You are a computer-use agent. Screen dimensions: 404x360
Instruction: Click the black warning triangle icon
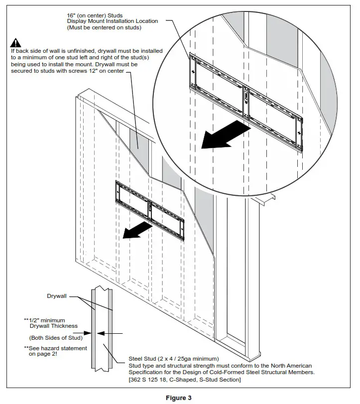pyautogui.click(x=16, y=43)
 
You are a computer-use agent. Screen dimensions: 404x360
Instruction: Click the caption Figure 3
pyautogui.click(x=180, y=397)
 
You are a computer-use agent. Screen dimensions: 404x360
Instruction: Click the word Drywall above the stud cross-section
pyautogui.click(x=57, y=296)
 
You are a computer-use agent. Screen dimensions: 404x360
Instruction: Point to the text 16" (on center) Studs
pyautogui.click(x=95, y=15)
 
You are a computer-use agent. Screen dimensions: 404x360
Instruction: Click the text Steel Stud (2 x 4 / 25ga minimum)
pyautogui.click(x=174, y=358)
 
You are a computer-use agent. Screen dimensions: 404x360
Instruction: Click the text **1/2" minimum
pyautogui.click(x=44, y=320)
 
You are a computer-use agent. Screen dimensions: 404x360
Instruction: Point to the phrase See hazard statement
pyautogui.click(x=57, y=348)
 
